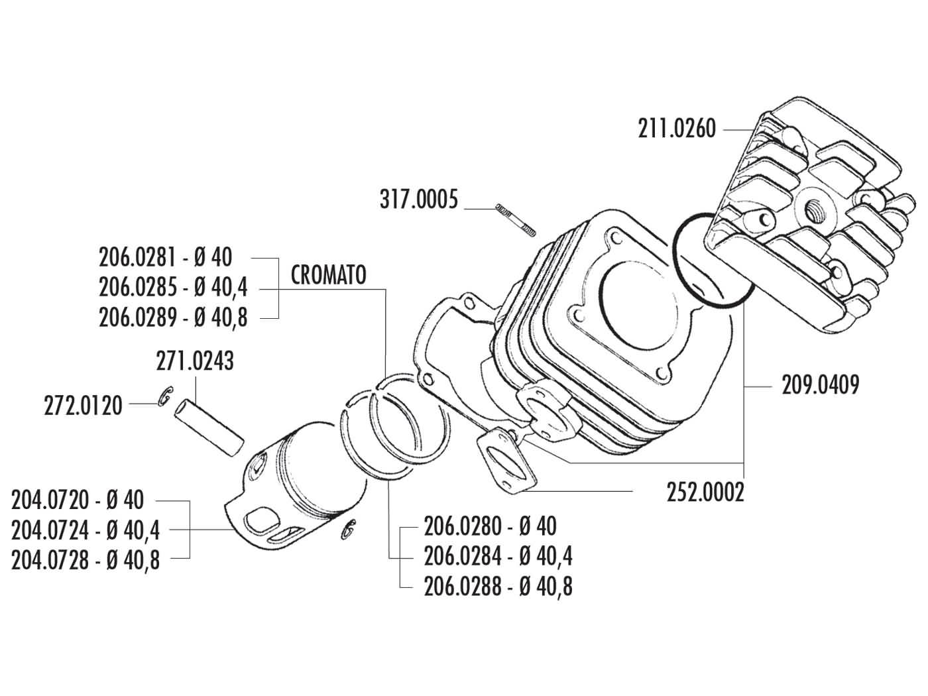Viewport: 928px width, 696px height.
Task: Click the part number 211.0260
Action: [677, 128]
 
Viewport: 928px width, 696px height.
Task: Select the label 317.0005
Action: [418, 199]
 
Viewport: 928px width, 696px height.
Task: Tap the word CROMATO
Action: [328, 274]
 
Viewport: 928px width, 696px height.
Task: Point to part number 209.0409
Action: [811, 384]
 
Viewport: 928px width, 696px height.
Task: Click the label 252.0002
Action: [705, 492]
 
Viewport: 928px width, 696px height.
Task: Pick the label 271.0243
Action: [195, 362]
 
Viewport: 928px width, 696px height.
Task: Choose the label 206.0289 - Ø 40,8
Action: [173, 318]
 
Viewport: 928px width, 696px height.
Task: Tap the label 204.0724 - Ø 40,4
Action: [86, 530]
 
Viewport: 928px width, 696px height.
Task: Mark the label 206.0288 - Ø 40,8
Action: [498, 587]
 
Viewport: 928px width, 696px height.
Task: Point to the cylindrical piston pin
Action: [209, 431]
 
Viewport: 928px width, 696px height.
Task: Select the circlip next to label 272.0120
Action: [165, 396]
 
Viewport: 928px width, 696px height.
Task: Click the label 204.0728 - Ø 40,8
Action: [86, 560]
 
